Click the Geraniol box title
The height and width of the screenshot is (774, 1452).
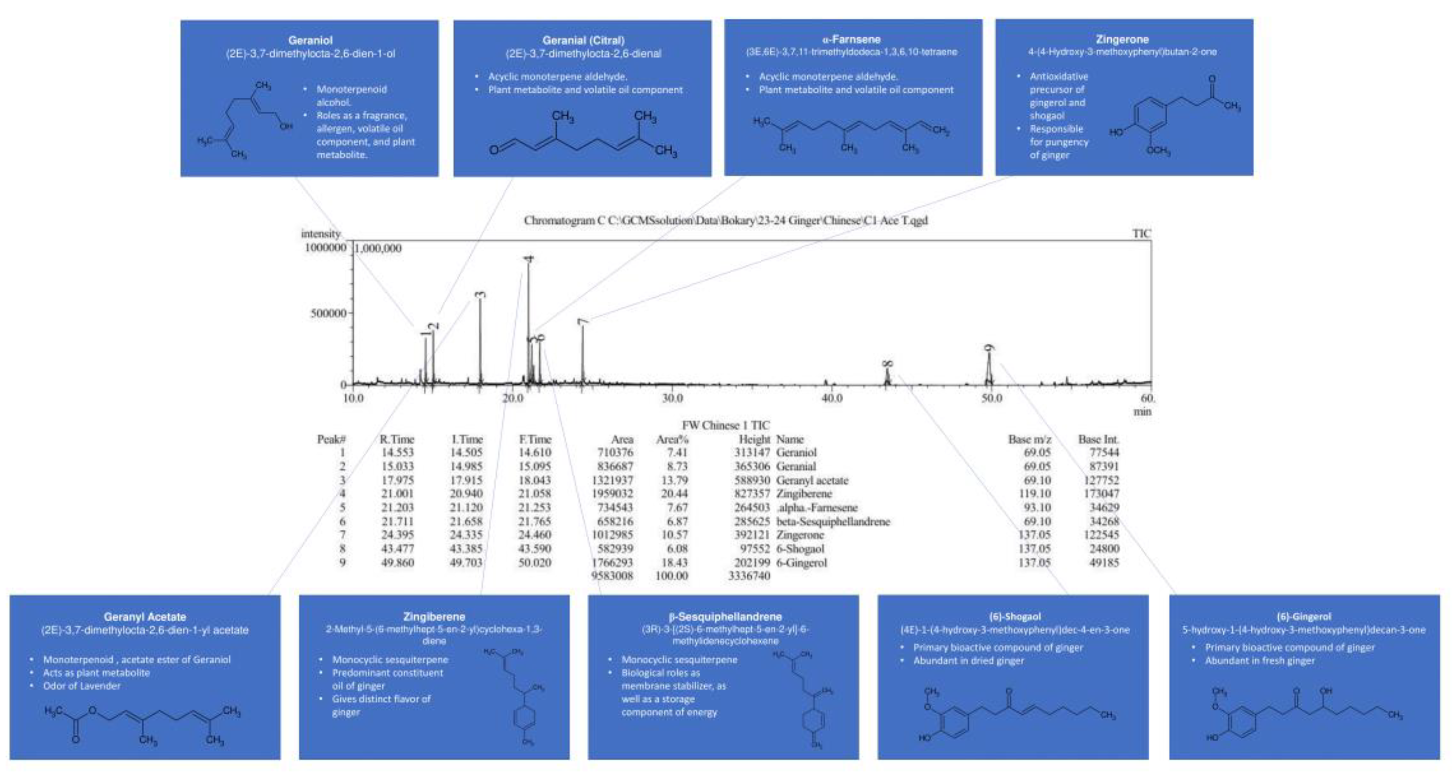coord(310,40)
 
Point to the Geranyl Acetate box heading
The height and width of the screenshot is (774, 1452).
coord(145,617)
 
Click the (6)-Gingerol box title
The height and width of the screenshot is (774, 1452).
coord(1304,617)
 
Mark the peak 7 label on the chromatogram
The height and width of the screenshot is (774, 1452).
coord(583,321)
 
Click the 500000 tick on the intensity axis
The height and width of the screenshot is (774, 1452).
coord(328,313)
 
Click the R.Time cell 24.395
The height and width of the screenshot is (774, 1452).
coord(397,534)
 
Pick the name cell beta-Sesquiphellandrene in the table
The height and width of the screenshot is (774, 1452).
coord(833,522)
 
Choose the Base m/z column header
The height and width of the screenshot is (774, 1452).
coord(1029,439)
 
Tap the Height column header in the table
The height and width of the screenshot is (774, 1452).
coord(754,439)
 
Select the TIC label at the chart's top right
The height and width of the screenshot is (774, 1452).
coord(1141,233)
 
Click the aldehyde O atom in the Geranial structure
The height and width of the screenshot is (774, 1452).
coord(494,150)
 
